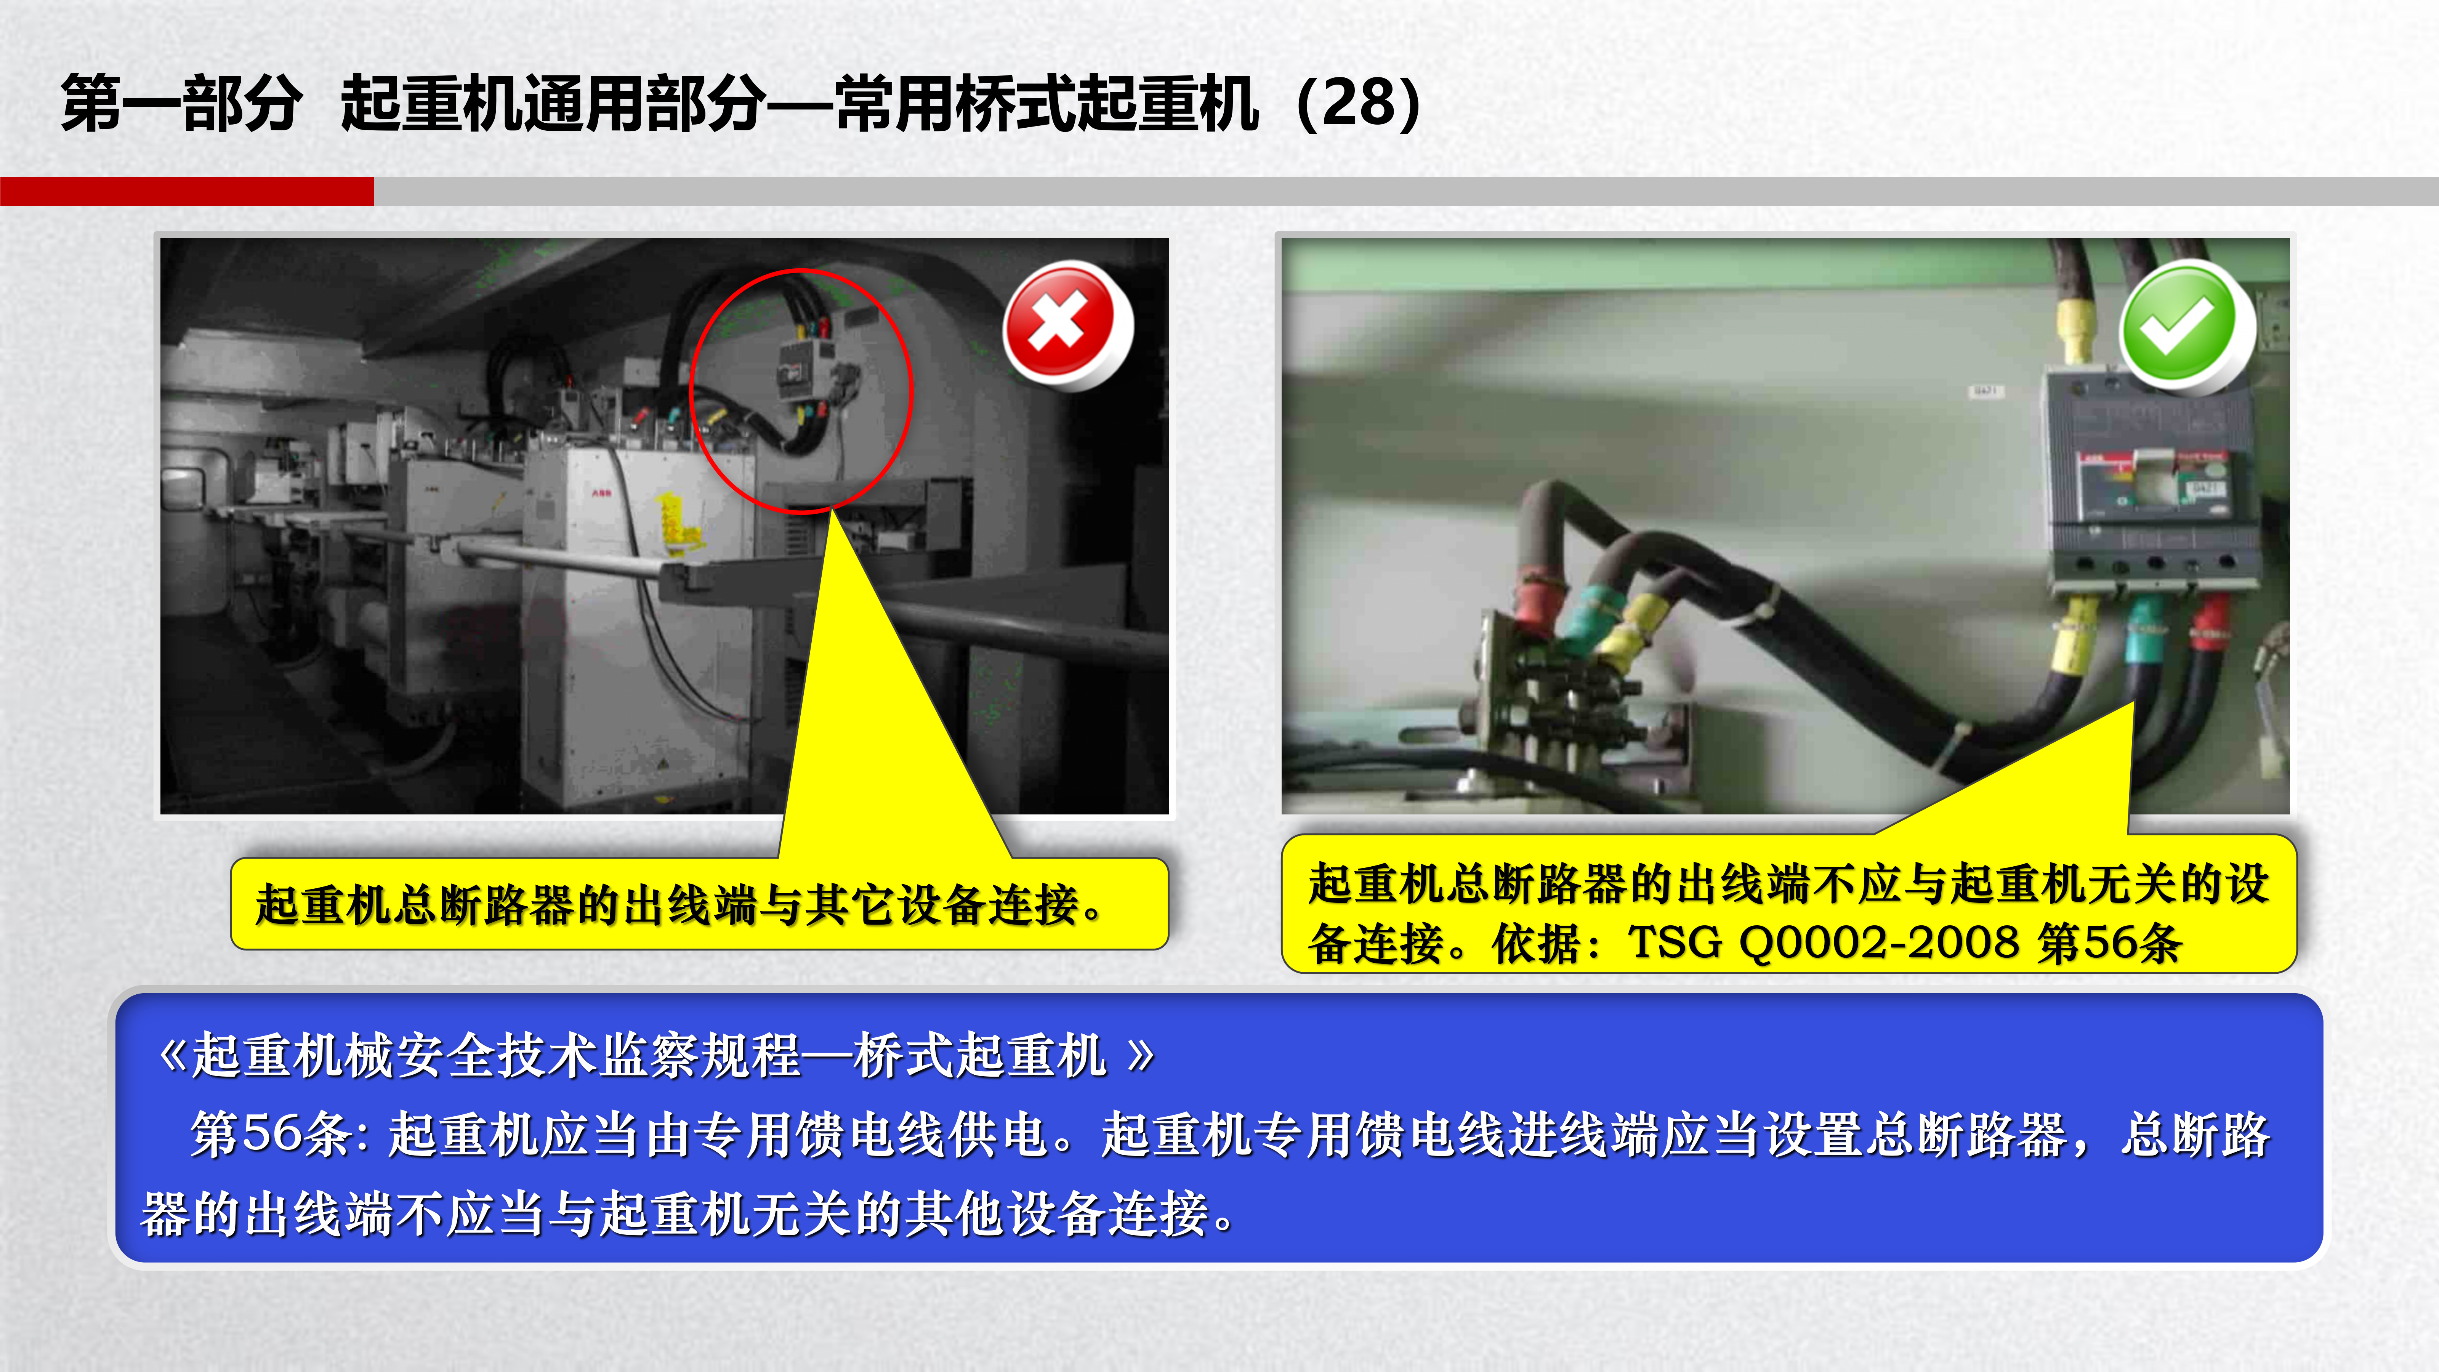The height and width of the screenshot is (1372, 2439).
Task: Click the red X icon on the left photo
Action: pyautogui.click(x=1067, y=324)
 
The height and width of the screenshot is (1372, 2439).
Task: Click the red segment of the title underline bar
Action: pyautogui.click(x=186, y=190)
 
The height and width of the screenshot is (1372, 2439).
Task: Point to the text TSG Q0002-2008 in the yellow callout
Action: pyautogui.click(x=1823, y=942)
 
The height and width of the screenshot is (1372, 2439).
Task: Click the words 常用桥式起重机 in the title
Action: pyautogui.click(x=1046, y=102)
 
